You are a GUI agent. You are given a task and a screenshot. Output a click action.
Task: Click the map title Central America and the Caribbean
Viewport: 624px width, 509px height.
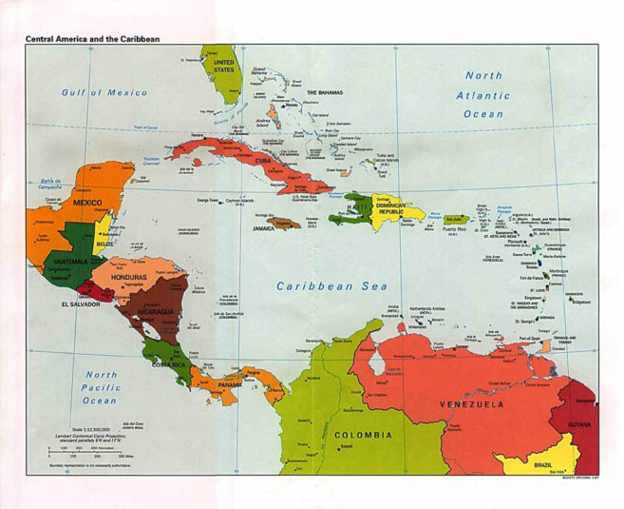tap(92, 38)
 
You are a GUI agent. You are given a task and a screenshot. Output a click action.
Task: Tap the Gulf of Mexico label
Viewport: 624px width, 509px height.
tap(104, 92)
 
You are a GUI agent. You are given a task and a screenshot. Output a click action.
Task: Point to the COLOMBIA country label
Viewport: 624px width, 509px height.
tap(362, 436)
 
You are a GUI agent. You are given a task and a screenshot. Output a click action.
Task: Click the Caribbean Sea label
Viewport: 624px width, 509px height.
tap(327, 285)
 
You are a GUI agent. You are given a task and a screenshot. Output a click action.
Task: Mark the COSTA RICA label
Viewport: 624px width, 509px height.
tap(171, 365)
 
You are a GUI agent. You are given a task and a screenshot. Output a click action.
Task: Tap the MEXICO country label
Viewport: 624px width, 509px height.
tap(81, 203)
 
